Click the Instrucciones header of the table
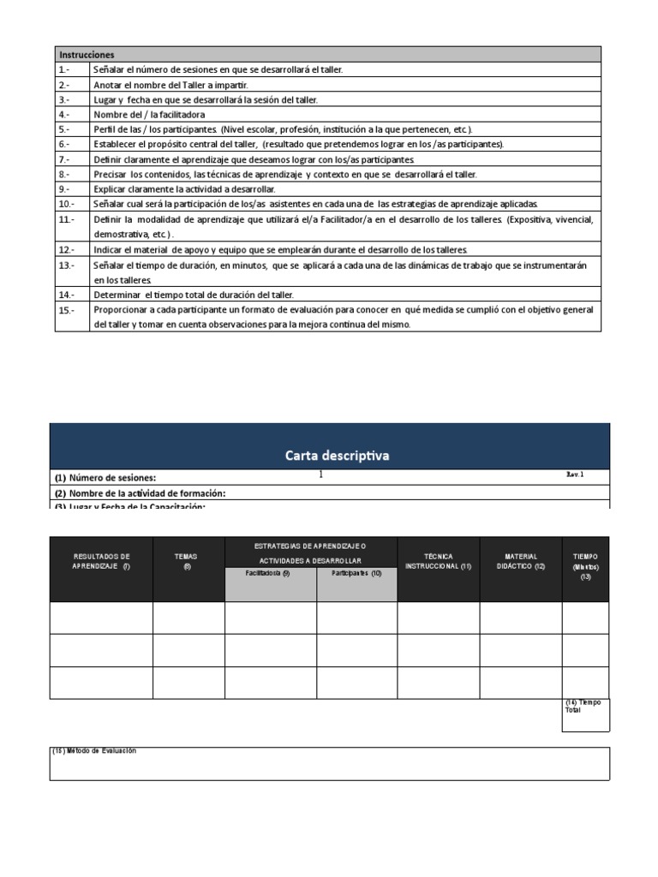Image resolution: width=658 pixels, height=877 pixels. (87, 54)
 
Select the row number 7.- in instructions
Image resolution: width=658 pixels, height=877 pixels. (64, 159)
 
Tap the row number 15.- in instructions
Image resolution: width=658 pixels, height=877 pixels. (67, 309)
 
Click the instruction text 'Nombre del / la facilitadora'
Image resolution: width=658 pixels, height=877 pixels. (149, 114)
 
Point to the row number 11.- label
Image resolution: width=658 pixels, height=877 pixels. (67, 219)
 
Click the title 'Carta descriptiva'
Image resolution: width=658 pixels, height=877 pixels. (337, 455)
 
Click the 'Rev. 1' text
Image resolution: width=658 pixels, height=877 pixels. (574, 474)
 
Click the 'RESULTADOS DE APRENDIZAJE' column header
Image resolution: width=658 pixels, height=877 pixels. (101, 561)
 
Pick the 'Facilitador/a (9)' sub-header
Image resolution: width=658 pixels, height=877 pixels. (267, 574)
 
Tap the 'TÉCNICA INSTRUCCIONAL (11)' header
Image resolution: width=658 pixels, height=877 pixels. (438, 561)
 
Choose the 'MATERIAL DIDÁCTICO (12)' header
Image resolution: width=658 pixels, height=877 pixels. (520, 561)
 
